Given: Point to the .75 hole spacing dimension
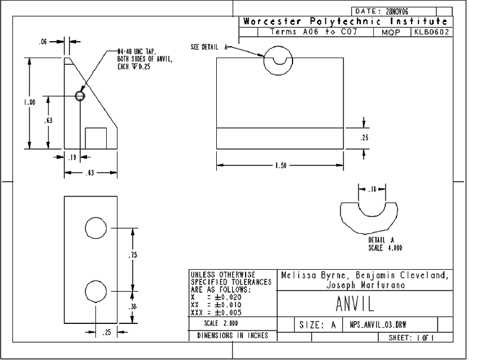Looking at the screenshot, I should click(x=133, y=255).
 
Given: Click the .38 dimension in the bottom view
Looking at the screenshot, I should click(x=133, y=307).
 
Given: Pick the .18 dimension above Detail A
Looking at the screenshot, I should click(x=373, y=190).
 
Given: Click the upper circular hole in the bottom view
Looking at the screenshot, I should click(x=96, y=228).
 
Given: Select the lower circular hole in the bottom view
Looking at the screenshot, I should click(x=96, y=292).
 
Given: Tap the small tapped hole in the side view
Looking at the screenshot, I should click(x=80, y=95).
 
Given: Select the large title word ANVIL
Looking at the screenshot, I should click(x=355, y=305).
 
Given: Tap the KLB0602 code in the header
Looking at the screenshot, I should click(x=432, y=32).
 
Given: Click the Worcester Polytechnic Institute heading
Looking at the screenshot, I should click(x=346, y=21).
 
